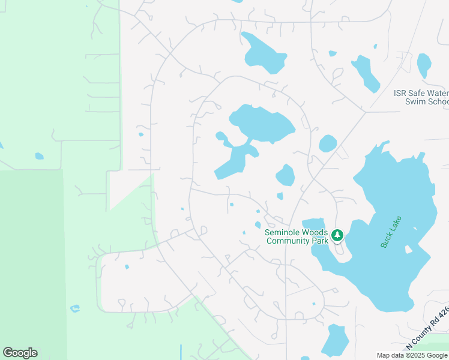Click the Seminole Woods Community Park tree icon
(337, 235)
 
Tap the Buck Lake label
(391, 232)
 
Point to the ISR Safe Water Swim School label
(421, 97)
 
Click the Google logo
(20, 353)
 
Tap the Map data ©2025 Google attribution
(412, 355)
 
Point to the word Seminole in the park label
(285, 232)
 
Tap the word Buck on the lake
(386, 241)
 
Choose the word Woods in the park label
(315, 232)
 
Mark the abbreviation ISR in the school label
(400, 93)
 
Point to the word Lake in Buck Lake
(396, 224)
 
